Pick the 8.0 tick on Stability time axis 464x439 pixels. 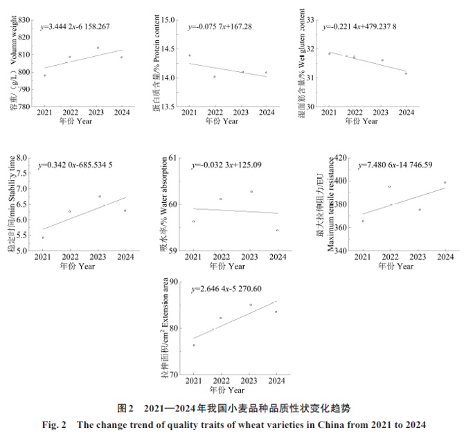pos(26,158)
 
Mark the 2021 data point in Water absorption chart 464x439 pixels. pos(193,222)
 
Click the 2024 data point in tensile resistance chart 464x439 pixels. pos(425,183)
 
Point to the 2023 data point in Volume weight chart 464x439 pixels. pos(98,48)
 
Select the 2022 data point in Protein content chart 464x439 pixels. pos(215,77)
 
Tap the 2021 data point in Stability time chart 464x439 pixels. pos(43,238)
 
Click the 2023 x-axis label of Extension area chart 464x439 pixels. pos(249,382)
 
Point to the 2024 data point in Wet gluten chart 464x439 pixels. pos(406,73)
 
